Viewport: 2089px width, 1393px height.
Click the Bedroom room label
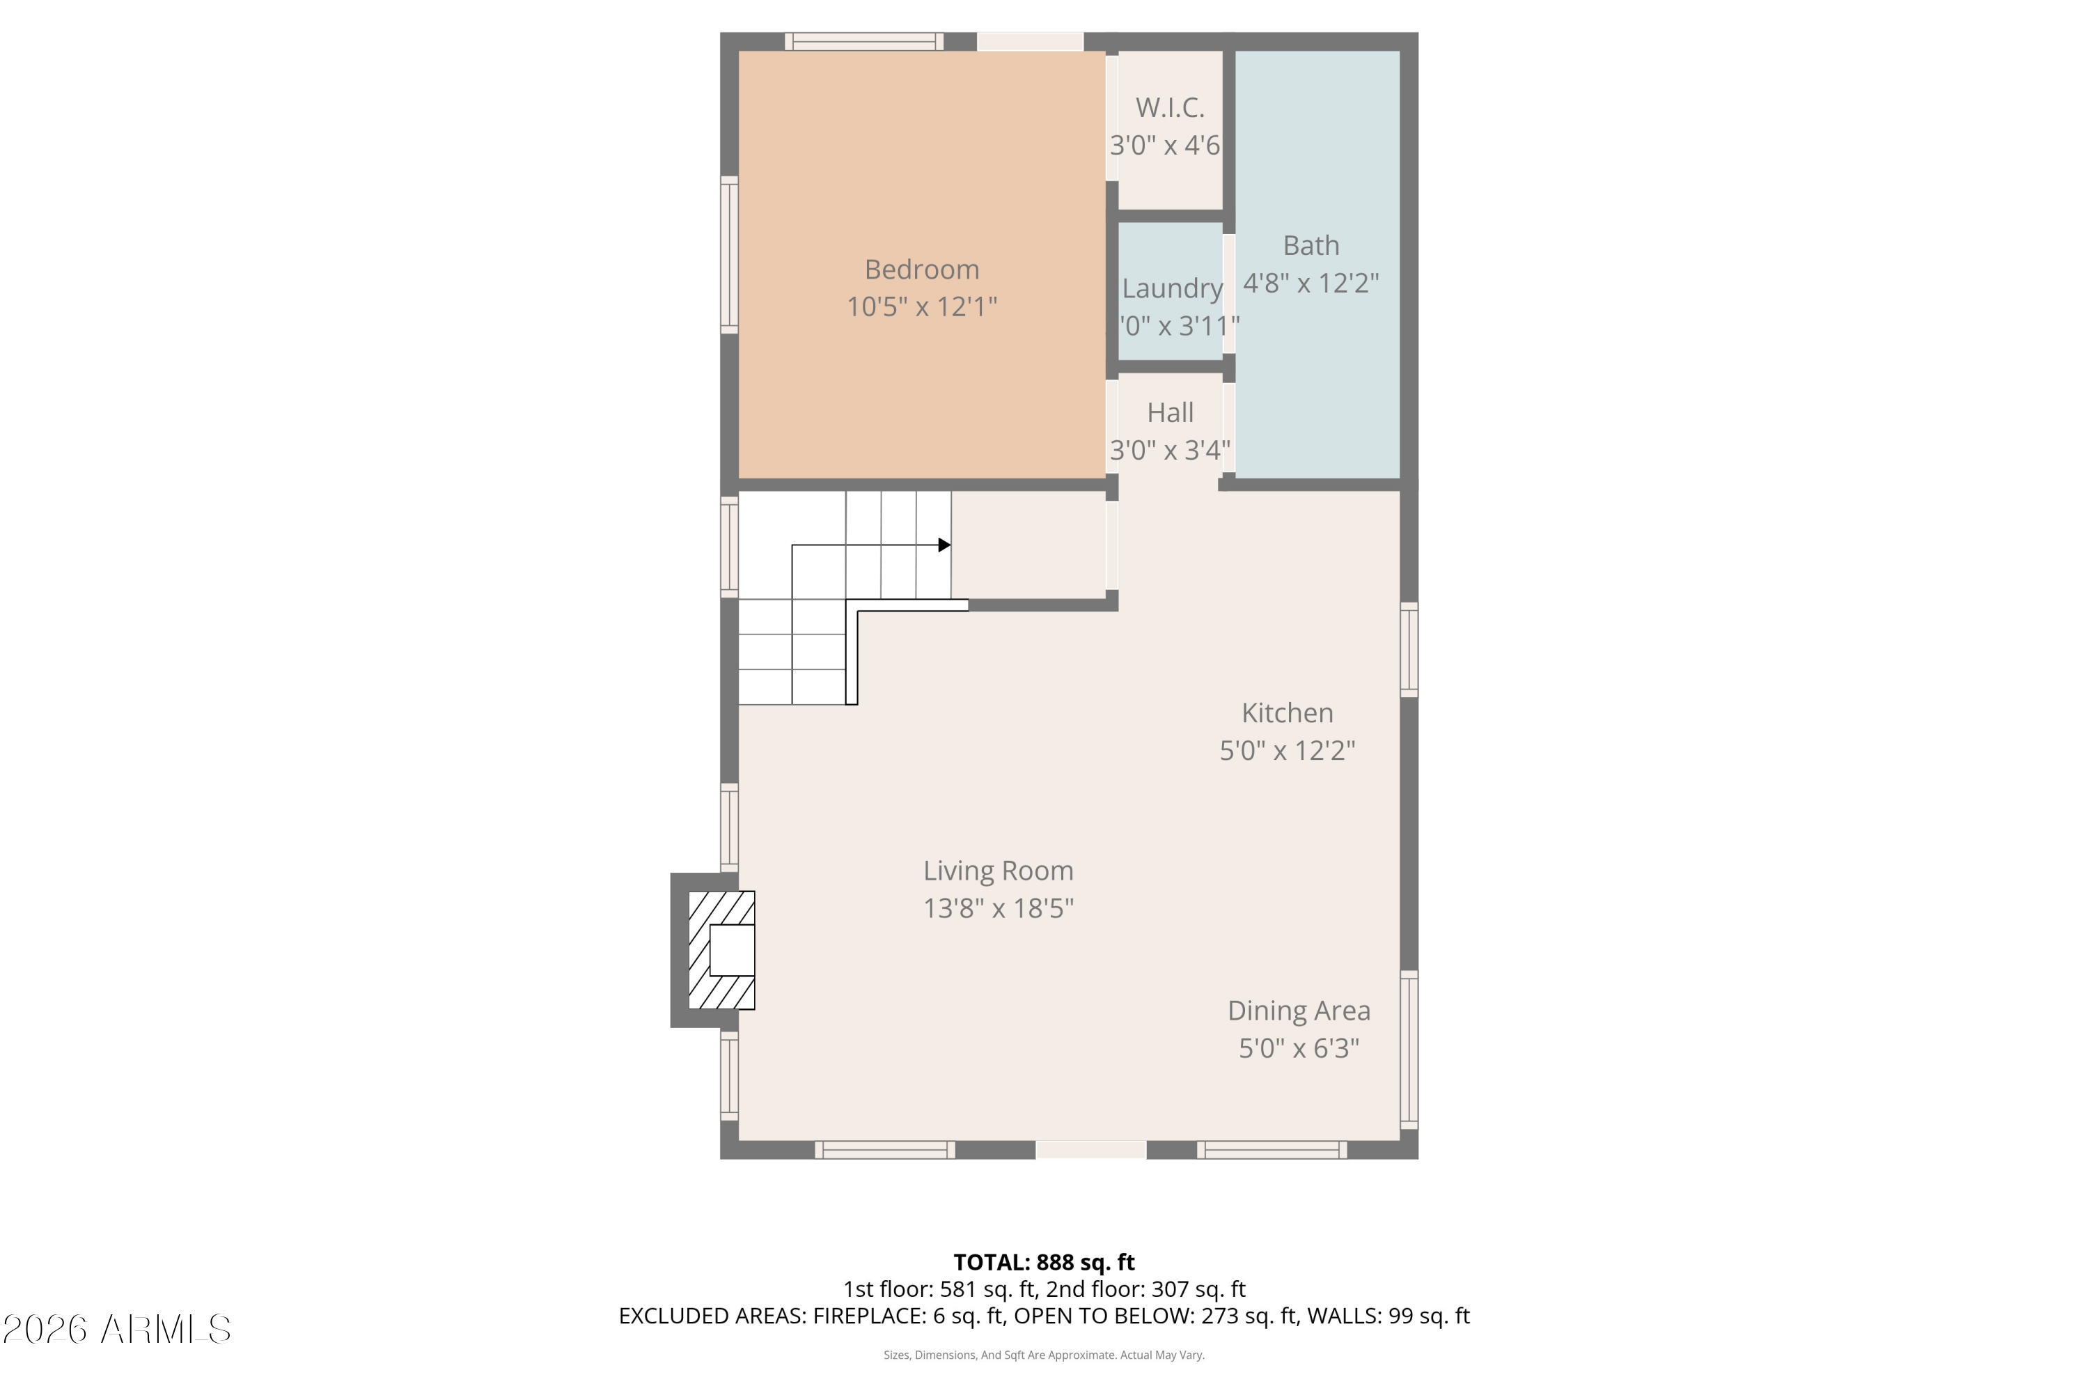(x=921, y=269)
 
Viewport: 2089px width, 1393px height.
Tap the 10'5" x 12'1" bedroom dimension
(x=921, y=307)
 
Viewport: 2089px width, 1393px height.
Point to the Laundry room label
(x=1171, y=289)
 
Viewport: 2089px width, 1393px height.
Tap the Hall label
(x=1170, y=413)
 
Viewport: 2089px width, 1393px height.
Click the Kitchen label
(x=1286, y=713)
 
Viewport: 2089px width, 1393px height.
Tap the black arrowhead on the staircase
(x=944, y=545)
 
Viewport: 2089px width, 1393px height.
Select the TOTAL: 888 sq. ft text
(x=1044, y=1262)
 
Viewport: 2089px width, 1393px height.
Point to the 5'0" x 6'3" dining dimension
(x=1298, y=1049)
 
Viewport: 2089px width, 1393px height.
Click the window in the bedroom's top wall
(x=863, y=41)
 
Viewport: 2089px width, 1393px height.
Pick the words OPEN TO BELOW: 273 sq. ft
(x=1155, y=1316)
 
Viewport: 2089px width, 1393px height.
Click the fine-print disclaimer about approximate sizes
(x=1044, y=1355)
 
